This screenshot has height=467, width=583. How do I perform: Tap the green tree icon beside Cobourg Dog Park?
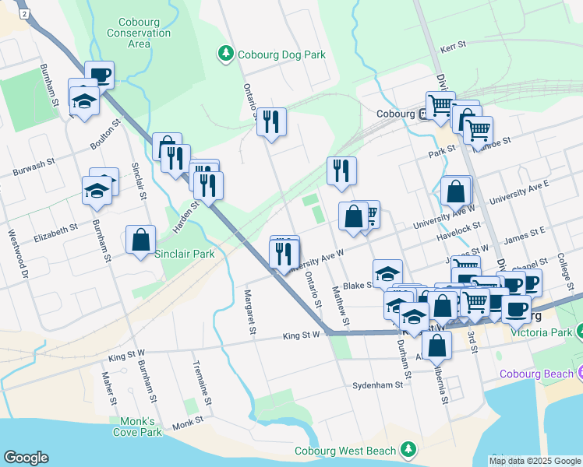pyautogui.click(x=225, y=54)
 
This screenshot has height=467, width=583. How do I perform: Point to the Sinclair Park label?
pyautogui.click(x=184, y=254)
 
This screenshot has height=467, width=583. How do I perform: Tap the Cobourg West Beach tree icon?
pyautogui.click(x=408, y=450)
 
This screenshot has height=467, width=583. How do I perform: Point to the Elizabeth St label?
pyautogui.click(x=55, y=231)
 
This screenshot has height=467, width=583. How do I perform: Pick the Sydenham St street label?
pyautogui.click(x=376, y=384)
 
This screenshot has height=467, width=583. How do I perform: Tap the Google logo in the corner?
pyautogui.click(x=26, y=457)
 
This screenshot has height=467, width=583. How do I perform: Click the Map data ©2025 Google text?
pyautogui.click(x=534, y=461)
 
